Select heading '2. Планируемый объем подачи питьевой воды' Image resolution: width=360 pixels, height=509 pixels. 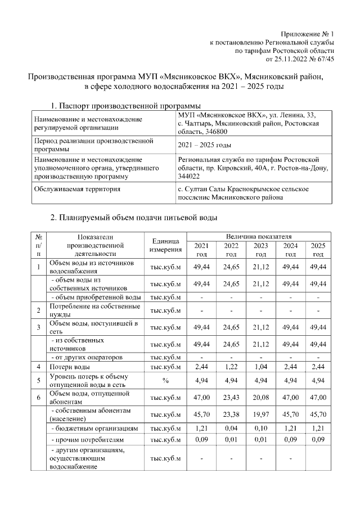point(134,217)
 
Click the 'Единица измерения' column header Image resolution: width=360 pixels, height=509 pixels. point(165,245)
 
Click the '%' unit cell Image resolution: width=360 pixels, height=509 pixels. point(165,380)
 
